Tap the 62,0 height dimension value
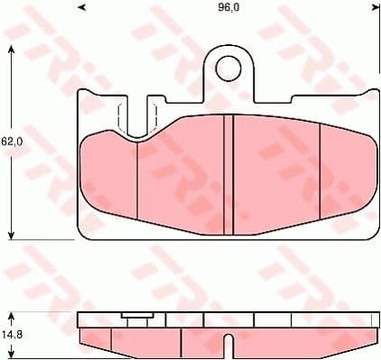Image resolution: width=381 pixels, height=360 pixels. pos(11,142)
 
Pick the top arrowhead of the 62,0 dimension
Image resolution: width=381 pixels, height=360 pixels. pos(11,47)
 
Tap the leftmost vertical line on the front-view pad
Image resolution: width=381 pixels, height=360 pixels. pos(135,180)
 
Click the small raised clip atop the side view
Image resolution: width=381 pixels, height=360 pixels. pos(136,317)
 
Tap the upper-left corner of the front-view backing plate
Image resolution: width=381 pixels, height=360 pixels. pos(81,93)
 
